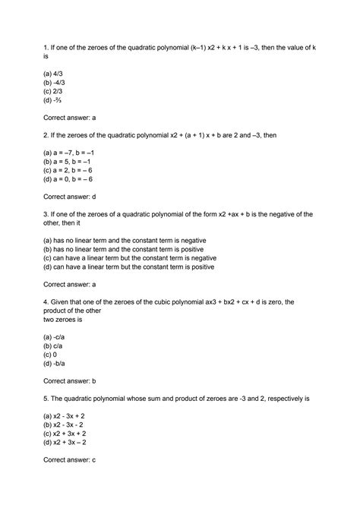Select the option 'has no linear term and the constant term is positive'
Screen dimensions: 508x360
128,248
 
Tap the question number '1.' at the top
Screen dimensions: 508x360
45,48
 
